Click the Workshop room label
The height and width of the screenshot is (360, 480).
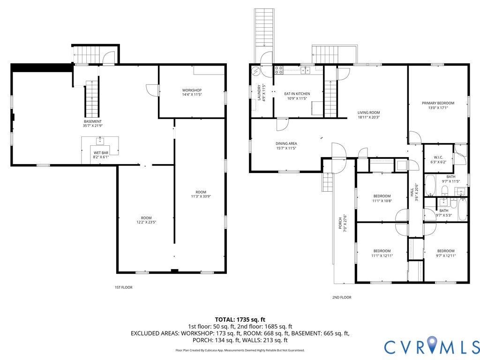pos(192,90)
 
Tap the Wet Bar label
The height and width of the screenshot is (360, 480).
pos(101,153)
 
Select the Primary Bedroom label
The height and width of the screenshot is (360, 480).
pos(438,103)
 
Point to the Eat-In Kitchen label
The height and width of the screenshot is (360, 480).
pos(297,94)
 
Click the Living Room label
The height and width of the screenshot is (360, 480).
pos(368,112)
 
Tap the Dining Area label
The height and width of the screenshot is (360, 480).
pos(286,143)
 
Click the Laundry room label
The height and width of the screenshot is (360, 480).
pos(259,93)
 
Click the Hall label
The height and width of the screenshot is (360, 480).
pos(412,192)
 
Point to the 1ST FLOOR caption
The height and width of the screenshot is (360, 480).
pos(124,287)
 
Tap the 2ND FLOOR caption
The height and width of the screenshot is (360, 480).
pos(342,297)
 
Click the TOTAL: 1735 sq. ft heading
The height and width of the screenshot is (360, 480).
pos(240,320)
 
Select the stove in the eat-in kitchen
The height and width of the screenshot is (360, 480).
pos(278,70)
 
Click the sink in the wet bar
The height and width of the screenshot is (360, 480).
pos(100,141)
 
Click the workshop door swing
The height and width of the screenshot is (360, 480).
pos(152,90)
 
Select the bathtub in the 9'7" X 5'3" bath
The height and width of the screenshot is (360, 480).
pos(462,209)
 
